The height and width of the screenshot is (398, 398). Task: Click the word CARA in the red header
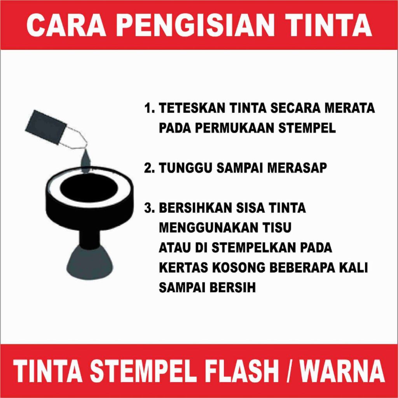66,25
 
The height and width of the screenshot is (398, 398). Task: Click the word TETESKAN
192,108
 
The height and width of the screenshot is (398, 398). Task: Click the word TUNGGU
185,168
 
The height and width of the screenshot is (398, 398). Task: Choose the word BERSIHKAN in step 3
196,208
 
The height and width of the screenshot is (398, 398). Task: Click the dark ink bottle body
46,127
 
